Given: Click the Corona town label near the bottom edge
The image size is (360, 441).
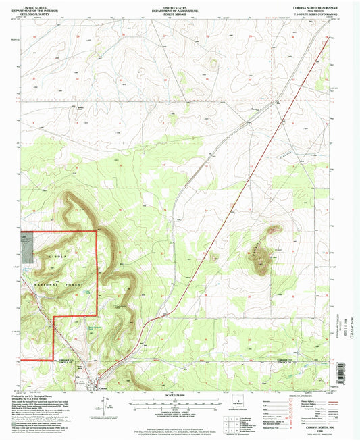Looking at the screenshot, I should [x=103, y=387].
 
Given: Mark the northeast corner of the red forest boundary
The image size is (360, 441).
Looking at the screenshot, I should [x=99, y=231].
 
